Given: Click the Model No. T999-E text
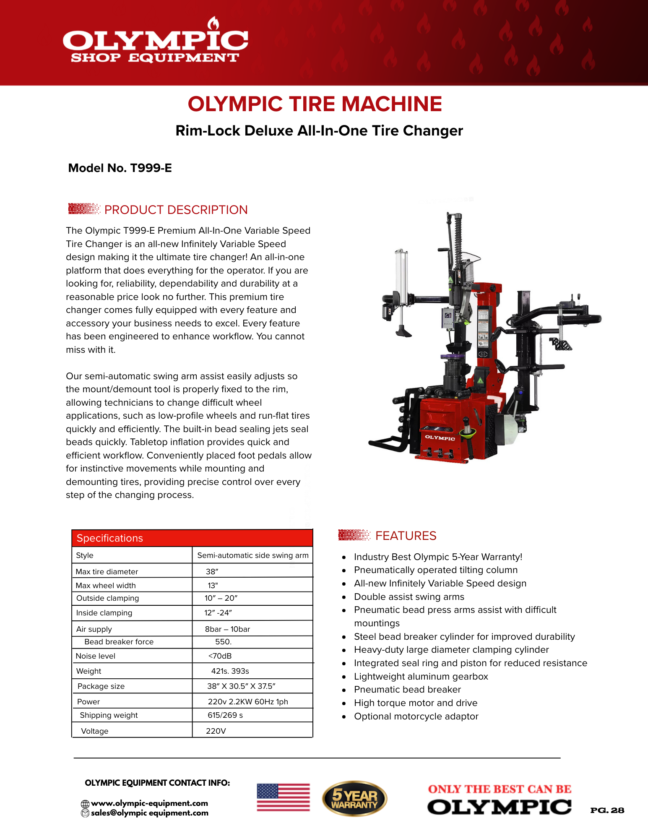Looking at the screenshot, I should (120, 168).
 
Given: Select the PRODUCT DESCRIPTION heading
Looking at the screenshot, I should (176, 210).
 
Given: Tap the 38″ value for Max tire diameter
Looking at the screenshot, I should (212, 571).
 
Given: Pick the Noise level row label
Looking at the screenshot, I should (96, 656).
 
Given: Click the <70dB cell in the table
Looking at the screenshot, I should (220, 656).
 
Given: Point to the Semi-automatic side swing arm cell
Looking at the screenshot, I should (252, 555).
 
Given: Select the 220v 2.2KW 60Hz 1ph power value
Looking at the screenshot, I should (248, 702).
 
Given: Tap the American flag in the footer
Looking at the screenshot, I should (284, 797).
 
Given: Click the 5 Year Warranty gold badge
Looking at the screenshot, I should (354, 799).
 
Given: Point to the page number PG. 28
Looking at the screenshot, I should (607, 810).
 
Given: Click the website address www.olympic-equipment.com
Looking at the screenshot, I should (149, 803).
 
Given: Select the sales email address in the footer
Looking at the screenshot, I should (149, 813).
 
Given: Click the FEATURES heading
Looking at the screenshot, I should (406, 536).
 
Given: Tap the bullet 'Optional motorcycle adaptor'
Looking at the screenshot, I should (416, 717).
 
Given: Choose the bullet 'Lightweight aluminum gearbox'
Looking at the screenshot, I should (421, 677).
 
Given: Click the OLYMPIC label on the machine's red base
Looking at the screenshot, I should (440, 438).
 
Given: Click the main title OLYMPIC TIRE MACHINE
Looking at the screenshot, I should (315, 104).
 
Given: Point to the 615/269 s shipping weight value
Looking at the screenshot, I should (225, 715).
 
